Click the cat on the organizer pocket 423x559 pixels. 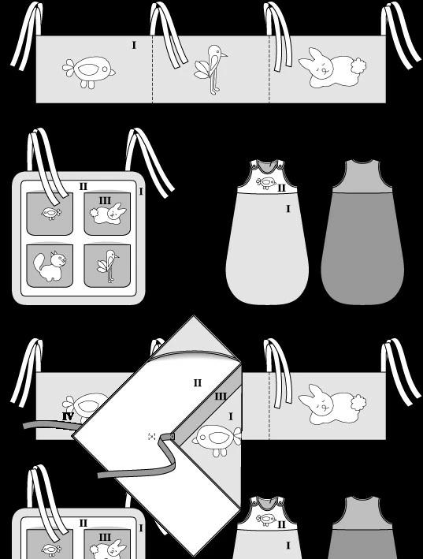tap(50, 266)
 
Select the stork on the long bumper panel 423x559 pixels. tap(211, 69)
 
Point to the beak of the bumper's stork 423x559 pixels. tap(224, 55)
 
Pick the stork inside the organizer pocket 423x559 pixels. tap(108, 266)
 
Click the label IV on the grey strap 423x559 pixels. tap(68, 416)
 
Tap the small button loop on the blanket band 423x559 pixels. tap(173, 437)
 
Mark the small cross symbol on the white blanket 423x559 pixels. tap(152, 436)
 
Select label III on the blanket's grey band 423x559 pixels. tap(221, 397)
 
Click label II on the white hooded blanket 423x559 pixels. tap(198, 383)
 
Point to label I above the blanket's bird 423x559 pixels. tap(231, 416)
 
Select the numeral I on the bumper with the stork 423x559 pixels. tap(134, 45)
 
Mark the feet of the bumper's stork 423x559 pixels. tap(213, 91)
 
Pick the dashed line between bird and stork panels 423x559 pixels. tap(152, 69)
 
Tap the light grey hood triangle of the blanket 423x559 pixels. tap(195, 337)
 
